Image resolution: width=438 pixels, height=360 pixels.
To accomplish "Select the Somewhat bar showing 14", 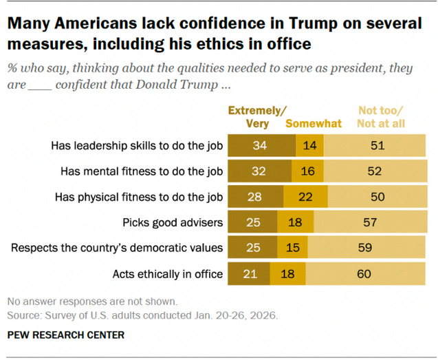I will [x=309, y=146].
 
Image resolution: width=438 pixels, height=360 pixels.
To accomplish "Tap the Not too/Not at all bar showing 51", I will [x=375, y=146].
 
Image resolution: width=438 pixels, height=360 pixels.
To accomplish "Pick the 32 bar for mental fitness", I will [x=259, y=171].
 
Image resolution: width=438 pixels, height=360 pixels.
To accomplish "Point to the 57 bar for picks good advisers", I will [x=370, y=223].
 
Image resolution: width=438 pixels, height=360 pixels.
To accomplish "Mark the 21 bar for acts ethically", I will [x=249, y=274].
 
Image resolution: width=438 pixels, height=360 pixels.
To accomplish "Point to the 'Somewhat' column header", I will [x=314, y=124].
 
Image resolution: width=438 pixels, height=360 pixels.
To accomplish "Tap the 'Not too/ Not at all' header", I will [x=381, y=116].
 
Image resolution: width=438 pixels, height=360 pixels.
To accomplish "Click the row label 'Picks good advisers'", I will [x=173, y=223].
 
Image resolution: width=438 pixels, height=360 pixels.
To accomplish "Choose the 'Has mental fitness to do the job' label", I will [x=142, y=171].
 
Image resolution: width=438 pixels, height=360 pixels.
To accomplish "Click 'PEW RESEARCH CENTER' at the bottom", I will [x=66, y=335].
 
